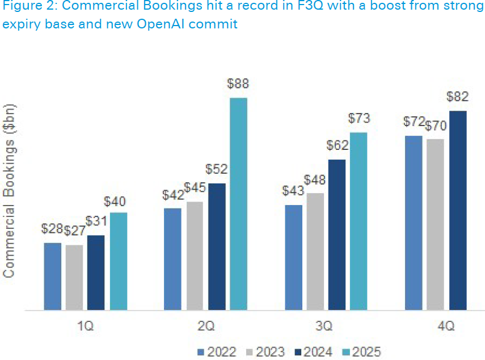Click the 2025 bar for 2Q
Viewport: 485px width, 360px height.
tap(238, 204)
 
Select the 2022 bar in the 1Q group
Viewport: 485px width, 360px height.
tap(52, 277)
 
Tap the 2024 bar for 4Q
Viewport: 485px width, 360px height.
tap(458, 211)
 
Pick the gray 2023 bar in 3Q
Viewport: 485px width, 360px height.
tap(315, 252)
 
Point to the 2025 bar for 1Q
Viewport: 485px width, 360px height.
tap(118, 261)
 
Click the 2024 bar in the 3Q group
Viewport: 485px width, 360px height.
tap(337, 235)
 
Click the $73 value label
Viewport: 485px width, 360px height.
tap(359, 119)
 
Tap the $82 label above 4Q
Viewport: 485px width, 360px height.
tap(458, 97)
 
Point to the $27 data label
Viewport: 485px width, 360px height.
tap(74, 231)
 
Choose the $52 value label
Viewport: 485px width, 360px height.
tap(216, 169)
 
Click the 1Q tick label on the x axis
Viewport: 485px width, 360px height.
tap(86, 326)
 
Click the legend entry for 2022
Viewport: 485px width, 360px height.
tap(217, 351)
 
